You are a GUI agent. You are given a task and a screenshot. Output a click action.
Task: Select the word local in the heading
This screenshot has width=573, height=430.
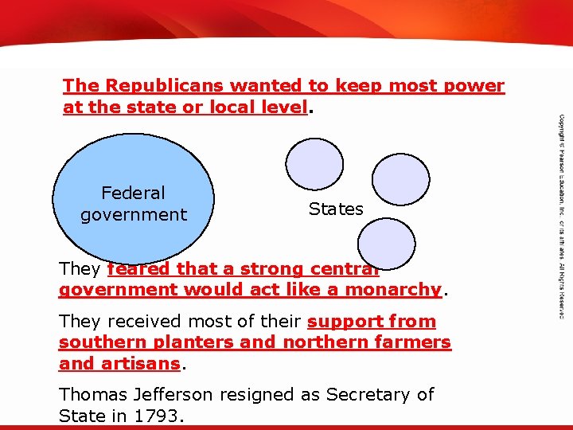click(221, 107)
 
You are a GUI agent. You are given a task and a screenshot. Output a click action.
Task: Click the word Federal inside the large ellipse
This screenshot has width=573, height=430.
click(134, 193)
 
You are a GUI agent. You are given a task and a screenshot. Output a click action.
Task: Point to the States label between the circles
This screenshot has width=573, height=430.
click(336, 209)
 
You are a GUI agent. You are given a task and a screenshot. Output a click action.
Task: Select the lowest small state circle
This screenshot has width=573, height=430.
click(386, 242)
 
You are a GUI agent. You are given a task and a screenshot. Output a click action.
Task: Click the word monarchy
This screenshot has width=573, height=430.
click(396, 290)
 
